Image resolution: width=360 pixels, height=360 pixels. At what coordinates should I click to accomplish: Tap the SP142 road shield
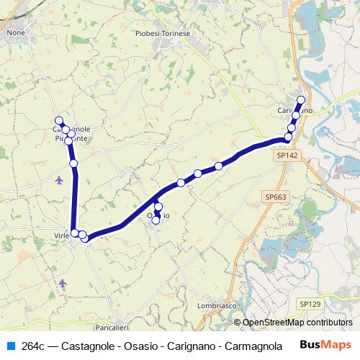point(286,155)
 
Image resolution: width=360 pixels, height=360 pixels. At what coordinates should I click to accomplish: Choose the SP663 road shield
point(275,197)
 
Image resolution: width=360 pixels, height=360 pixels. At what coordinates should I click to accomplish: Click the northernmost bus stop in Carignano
point(301,100)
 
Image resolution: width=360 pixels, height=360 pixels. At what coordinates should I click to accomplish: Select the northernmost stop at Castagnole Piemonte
point(59,121)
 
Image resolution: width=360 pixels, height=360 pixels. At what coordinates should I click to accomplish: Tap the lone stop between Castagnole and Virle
point(73,164)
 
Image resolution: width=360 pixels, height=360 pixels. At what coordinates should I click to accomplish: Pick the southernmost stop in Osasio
point(156,220)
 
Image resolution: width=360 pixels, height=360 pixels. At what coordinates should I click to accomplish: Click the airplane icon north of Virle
point(58,179)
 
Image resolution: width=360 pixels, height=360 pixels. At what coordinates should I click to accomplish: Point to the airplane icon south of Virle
point(63,282)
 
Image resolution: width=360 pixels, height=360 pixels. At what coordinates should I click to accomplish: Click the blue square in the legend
point(10,346)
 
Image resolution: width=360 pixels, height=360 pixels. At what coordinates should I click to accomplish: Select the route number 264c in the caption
point(34,346)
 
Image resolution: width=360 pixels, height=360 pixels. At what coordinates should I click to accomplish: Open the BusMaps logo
point(321,346)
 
